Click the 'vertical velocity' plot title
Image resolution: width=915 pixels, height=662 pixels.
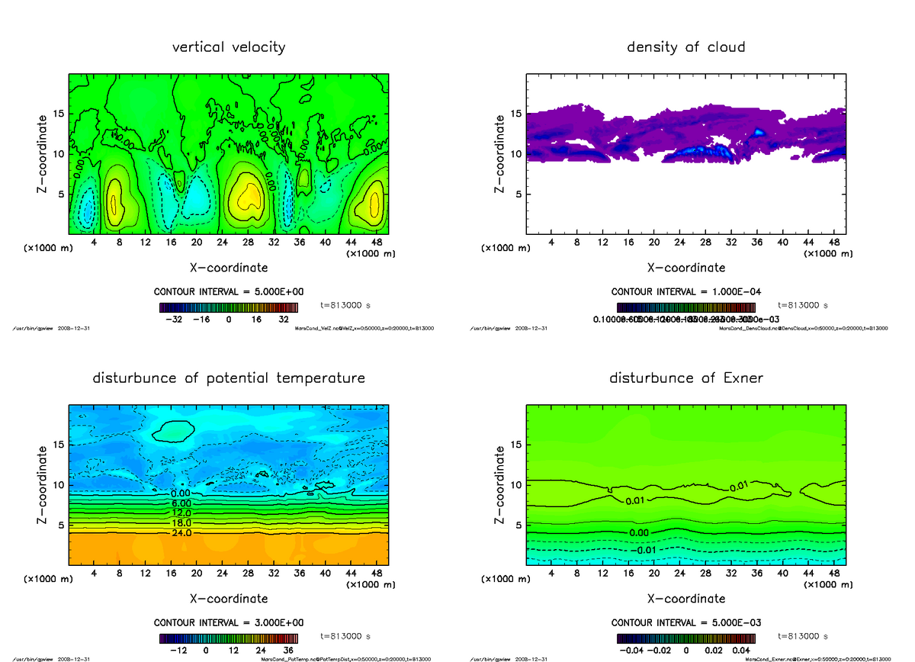click(229, 47)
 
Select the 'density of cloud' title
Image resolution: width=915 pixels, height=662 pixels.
click(685, 47)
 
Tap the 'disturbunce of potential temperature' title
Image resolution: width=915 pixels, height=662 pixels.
click(229, 378)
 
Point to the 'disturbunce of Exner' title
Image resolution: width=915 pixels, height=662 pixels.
click(686, 378)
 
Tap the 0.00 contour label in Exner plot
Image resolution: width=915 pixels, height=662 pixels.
click(642, 532)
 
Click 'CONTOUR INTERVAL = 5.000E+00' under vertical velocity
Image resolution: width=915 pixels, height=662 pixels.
click(229, 292)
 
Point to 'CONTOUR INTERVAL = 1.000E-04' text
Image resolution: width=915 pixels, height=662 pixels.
click(686, 292)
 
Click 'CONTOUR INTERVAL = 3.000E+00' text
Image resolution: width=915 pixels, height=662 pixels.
click(229, 622)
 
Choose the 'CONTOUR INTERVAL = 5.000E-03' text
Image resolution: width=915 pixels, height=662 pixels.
click(686, 622)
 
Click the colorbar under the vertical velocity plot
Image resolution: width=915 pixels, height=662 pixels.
click(229, 307)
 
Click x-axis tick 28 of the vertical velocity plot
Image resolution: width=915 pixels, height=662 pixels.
click(247, 243)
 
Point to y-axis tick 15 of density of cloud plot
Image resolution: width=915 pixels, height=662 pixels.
click(515, 114)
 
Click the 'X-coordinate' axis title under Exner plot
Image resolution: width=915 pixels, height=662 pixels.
click(686, 599)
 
